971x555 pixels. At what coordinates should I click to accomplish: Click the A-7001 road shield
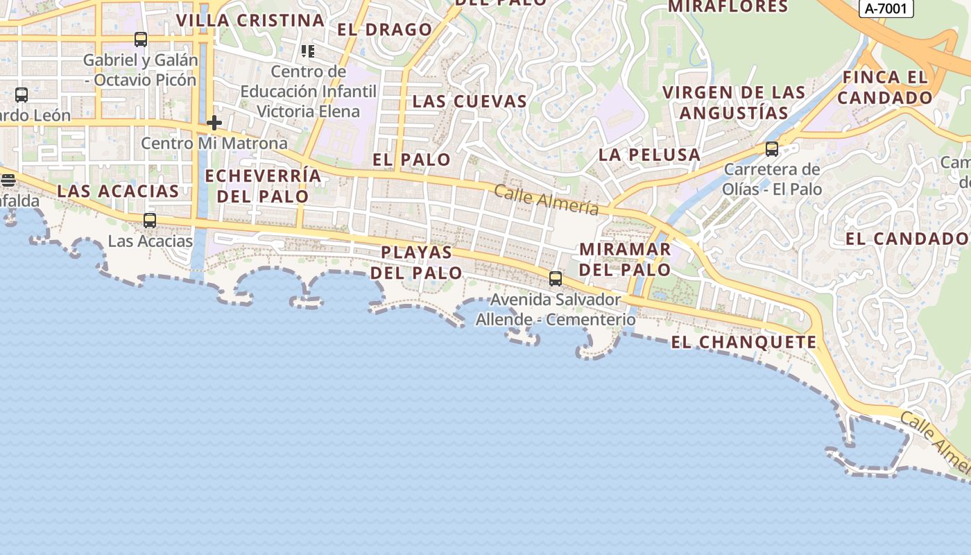click(886, 8)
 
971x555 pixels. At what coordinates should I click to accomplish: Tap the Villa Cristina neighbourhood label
click(250, 20)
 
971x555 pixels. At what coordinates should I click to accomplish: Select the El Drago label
click(385, 30)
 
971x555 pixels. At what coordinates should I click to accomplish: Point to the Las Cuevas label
click(470, 101)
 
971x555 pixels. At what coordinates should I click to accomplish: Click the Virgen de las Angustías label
click(734, 103)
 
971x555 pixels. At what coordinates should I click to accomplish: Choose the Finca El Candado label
click(884, 87)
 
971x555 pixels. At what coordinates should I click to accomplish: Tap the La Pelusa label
click(649, 155)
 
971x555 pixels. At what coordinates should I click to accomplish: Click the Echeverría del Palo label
click(263, 186)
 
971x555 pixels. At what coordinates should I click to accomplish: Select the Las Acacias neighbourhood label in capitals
click(118, 191)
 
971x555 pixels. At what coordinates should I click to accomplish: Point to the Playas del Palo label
click(416, 262)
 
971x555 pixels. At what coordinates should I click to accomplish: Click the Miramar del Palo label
click(625, 259)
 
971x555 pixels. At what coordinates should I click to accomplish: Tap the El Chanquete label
click(744, 342)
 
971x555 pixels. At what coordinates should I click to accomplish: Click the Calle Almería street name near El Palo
click(547, 200)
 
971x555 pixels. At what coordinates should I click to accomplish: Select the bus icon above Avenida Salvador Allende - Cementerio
click(556, 279)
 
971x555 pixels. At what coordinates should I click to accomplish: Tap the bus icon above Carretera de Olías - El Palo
click(771, 148)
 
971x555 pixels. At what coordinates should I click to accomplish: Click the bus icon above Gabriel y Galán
click(141, 40)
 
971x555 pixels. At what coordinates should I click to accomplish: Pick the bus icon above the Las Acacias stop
click(150, 221)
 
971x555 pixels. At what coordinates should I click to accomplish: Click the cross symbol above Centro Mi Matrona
click(214, 123)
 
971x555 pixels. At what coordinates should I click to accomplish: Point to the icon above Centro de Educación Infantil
click(308, 51)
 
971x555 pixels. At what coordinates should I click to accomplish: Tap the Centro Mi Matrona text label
click(214, 144)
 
